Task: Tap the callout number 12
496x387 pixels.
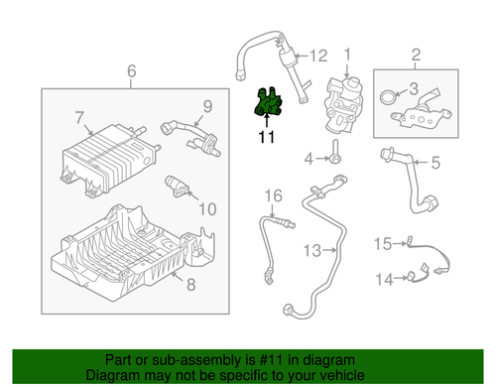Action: (317, 56)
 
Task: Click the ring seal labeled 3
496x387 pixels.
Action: (388, 97)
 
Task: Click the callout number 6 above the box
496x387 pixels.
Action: (130, 72)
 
